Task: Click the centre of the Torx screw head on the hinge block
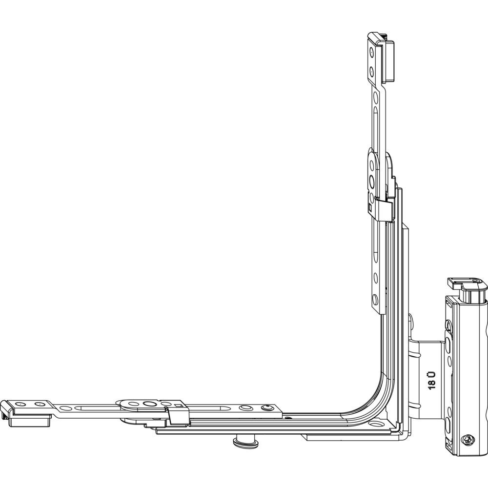[x=468, y=440]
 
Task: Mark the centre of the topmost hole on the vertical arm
[x=371, y=53]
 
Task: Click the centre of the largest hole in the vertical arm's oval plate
[x=371, y=180]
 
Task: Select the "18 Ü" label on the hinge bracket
[x=432, y=380]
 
